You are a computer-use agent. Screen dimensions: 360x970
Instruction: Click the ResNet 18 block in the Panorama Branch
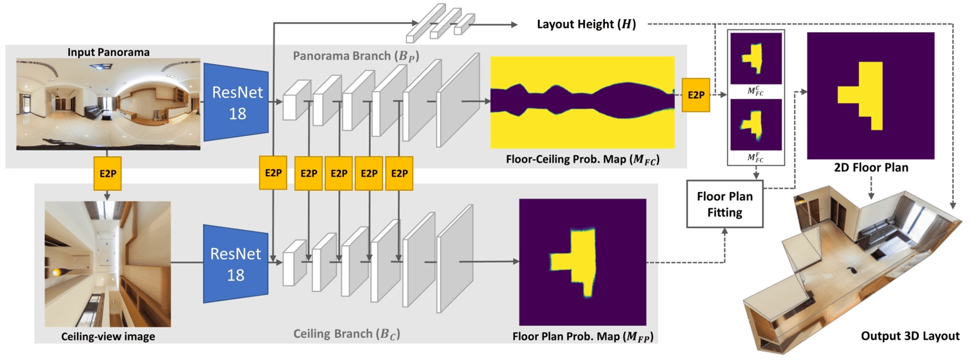236,102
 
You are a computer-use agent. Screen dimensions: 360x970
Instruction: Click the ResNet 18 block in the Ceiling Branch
235,264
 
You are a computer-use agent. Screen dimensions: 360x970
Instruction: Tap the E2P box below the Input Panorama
107,173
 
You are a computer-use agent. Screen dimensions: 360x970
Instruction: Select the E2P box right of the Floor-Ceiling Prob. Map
695,95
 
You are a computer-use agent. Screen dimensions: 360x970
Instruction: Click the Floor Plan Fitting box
724,204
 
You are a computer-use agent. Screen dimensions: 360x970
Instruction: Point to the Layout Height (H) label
586,24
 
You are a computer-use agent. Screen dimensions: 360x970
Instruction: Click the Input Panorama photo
108,104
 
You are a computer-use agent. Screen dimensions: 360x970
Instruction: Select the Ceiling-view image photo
107,264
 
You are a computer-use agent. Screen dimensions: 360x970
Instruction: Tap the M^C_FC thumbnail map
756,58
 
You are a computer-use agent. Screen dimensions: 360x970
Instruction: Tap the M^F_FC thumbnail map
756,124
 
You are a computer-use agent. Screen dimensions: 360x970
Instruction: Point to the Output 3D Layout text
909,336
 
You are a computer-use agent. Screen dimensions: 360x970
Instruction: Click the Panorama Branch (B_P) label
356,56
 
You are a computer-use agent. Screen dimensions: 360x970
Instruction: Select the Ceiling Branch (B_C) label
347,334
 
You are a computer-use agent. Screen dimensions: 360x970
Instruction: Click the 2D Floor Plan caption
870,168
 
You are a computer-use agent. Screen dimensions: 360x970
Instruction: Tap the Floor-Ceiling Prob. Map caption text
582,159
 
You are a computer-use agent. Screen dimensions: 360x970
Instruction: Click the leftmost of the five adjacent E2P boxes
273,173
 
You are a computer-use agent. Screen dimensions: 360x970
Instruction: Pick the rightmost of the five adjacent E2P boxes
399,173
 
